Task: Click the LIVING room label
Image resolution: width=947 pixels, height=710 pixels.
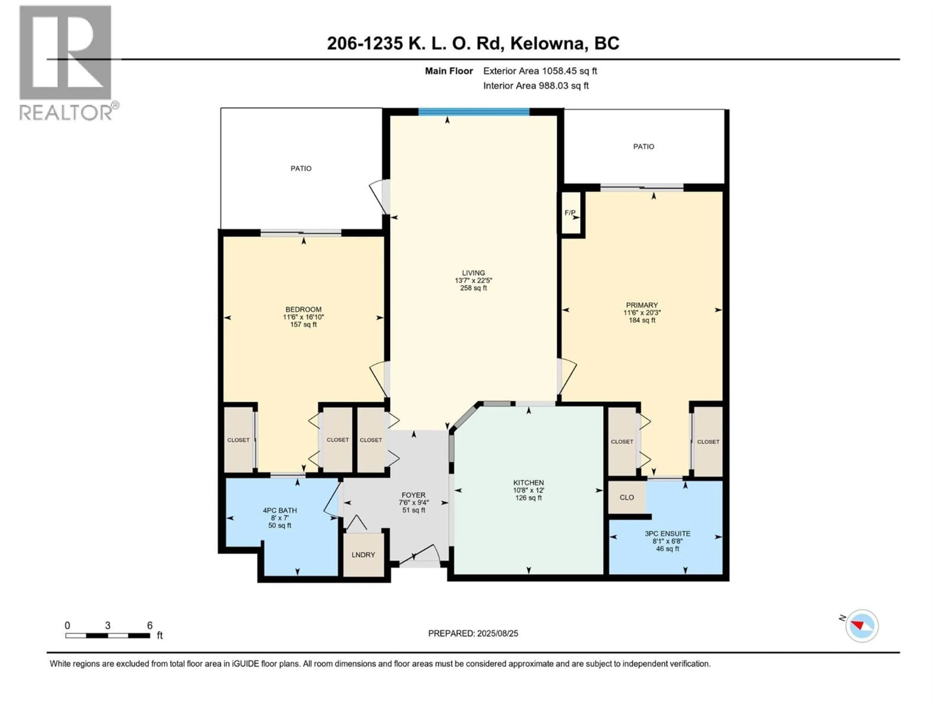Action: (473, 273)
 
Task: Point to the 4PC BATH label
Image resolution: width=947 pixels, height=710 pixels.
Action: (280, 510)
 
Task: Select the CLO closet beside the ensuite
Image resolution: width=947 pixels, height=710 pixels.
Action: (627, 497)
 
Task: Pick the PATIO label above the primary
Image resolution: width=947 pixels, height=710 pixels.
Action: (643, 146)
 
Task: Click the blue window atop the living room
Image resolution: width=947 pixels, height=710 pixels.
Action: (474, 112)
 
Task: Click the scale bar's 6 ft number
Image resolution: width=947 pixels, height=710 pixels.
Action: (149, 625)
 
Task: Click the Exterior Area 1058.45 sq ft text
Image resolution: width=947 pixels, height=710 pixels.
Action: (540, 71)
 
